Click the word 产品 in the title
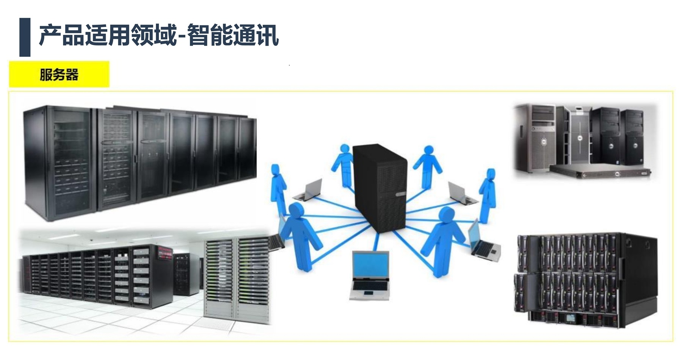pyautogui.click(x=62, y=36)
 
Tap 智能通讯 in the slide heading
pyautogui.click(x=233, y=36)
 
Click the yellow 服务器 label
pyautogui.click(x=59, y=75)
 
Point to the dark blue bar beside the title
pyautogui.click(x=25, y=37)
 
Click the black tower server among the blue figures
pyautogui.click(x=379, y=186)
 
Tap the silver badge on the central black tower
pyautogui.click(x=400, y=194)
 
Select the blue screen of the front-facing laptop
pyautogui.click(x=370, y=265)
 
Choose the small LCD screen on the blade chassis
pyautogui.click(x=571, y=318)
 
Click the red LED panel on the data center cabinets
pyautogui.click(x=165, y=250)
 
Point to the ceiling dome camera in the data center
pyautogui.click(x=92, y=240)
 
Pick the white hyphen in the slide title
pyautogui.click(x=182, y=37)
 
